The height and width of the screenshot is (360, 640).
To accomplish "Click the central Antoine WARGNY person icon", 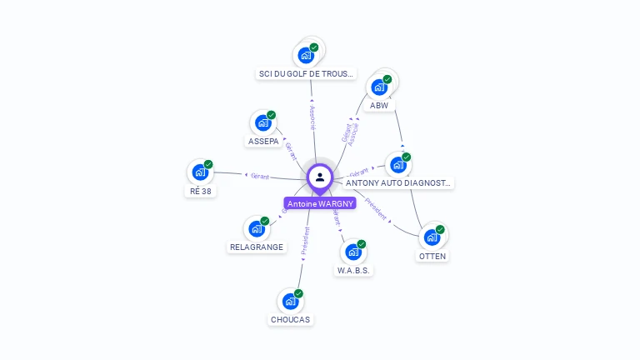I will click(320, 177).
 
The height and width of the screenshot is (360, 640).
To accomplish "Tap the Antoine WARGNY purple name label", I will click(320, 203).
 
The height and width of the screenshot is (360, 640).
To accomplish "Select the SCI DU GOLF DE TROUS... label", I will click(307, 74).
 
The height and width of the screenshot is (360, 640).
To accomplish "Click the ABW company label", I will click(379, 106).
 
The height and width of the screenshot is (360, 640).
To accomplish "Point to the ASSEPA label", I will click(263, 142).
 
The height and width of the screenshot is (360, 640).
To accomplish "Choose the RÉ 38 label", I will click(200, 191).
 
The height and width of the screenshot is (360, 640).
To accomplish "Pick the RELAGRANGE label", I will click(257, 247).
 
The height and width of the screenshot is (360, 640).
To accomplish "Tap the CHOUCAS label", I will click(290, 319).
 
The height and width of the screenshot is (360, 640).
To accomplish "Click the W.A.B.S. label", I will click(353, 271).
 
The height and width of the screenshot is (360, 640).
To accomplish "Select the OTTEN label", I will click(432, 256).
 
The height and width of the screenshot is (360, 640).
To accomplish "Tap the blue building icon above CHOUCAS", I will click(289, 301).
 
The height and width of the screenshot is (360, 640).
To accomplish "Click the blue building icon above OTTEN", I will click(432, 237).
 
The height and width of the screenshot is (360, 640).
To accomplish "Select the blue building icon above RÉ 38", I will click(199, 172).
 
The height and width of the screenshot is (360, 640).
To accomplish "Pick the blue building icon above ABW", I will click(379, 87).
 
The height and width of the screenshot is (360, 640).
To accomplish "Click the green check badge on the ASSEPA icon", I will click(271, 115).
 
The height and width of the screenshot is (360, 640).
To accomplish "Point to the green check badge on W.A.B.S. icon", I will click(362, 244).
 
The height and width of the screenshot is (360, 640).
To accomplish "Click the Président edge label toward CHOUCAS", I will click(305, 241).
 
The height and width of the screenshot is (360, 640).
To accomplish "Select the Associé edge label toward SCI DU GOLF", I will click(312, 117).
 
